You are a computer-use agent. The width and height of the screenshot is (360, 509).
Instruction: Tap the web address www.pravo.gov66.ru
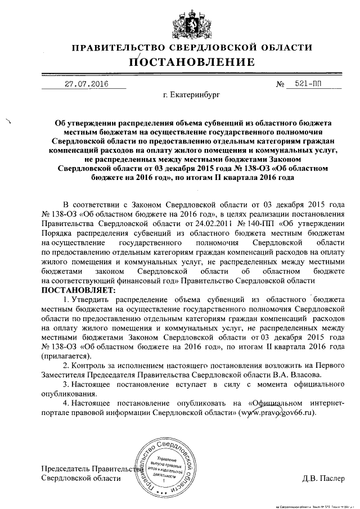(277, 412)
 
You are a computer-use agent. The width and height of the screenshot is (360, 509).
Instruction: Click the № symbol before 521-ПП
(280, 85)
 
